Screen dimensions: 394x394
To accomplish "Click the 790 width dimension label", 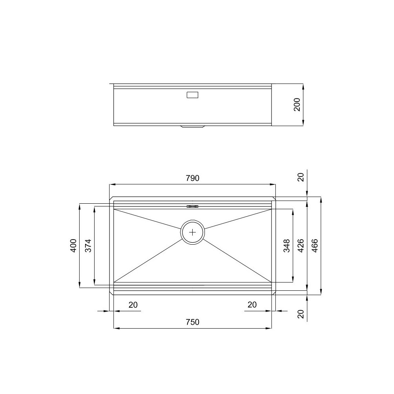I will [x=193, y=178].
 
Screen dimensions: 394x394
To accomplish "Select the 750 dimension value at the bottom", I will [x=193, y=322].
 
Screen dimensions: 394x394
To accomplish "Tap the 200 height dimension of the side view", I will [x=297, y=105].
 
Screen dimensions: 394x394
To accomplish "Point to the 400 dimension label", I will [x=74, y=245].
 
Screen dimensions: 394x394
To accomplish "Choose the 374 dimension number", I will [x=88, y=245].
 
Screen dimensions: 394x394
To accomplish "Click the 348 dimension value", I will [x=287, y=245].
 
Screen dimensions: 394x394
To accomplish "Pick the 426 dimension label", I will [x=301, y=245].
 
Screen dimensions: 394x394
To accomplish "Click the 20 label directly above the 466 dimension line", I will [x=301, y=177].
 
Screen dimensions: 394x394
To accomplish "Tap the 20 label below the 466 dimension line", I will [x=301, y=314].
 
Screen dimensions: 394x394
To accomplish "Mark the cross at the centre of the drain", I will [x=192, y=232].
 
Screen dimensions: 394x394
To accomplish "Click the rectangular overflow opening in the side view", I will [x=192, y=95].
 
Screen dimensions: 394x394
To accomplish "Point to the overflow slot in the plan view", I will [x=192, y=206].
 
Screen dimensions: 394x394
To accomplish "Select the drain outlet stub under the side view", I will [x=192, y=127].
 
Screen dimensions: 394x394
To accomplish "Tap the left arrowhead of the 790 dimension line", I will [x=112, y=184].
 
